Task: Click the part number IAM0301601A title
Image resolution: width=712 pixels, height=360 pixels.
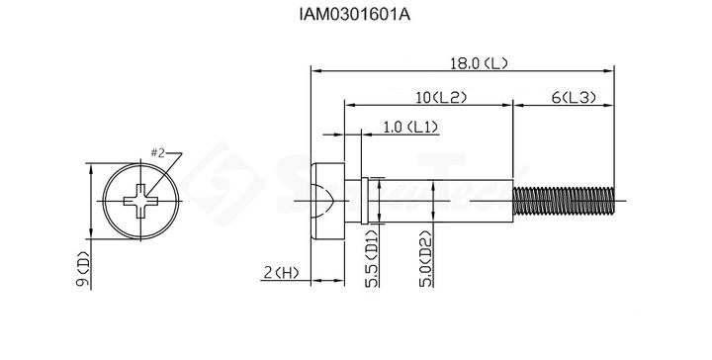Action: point(355,15)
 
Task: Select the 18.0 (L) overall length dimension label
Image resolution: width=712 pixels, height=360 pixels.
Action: point(479,63)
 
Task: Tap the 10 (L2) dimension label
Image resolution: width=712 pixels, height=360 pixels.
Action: point(441,98)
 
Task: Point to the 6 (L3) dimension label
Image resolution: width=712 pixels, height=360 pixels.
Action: point(574,98)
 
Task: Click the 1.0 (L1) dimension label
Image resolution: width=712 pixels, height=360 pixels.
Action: point(411,128)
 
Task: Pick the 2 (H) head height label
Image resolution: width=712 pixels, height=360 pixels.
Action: point(282,273)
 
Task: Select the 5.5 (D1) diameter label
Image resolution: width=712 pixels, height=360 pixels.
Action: point(372,259)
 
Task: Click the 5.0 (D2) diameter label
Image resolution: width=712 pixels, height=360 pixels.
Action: point(425,259)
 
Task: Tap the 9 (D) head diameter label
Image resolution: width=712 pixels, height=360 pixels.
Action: point(83,269)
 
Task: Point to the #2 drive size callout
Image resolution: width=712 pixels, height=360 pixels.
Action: point(157,153)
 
